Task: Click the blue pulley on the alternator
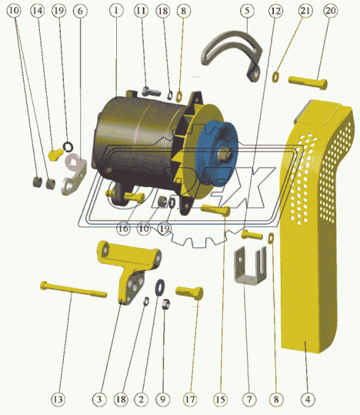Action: point(215,153)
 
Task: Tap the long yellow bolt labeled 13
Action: point(73,289)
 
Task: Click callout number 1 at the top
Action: point(116,11)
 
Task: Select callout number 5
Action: point(247,11)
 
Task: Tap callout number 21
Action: point(305,11)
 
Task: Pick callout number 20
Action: point(330,11)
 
